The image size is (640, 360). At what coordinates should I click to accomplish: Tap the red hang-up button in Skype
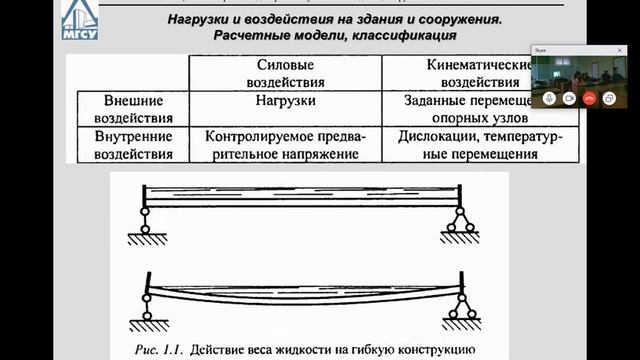[589, 98]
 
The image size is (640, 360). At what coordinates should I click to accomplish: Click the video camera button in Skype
[569, 98]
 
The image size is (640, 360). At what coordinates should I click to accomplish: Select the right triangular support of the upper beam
[461, 222]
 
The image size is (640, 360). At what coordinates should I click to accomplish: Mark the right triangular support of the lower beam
[461, 306]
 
